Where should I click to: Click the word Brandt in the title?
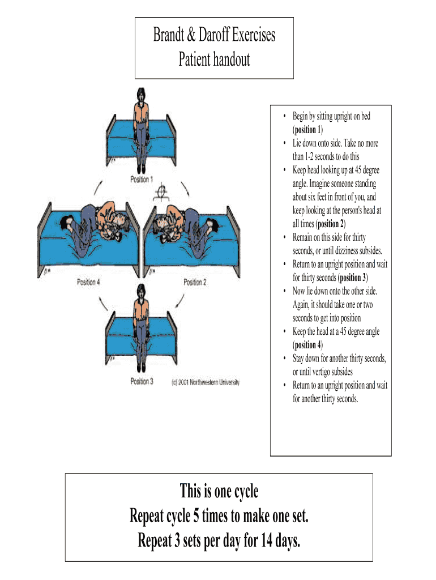[170, 35]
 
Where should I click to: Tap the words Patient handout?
[214, 59]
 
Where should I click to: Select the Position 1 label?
[142, 180]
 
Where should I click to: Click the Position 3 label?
[142, 382]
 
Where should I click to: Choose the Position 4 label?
[89, 282]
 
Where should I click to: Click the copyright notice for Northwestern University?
[206, 382]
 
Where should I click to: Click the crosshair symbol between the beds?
[161, 193]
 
